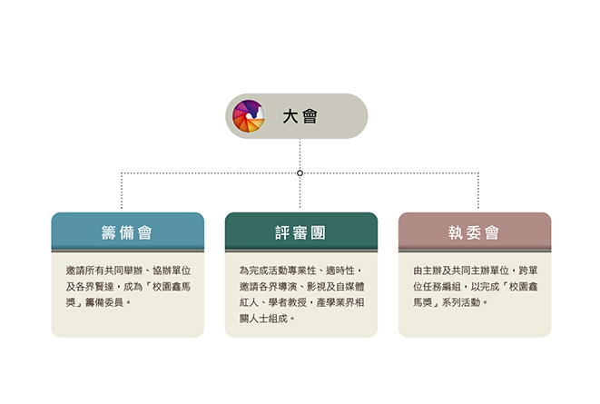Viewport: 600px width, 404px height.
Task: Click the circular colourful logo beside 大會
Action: pyautogui.click(x=249, y=116)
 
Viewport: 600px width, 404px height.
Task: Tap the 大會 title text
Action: pyautogui.click(x=300, y=116)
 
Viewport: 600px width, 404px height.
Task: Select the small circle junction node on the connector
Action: pyautogui.click(x=300, y=173)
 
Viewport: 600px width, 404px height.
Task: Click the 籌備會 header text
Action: pyautogui.click(x=127, y=232)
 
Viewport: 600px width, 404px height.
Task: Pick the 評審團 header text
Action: pyautogui.click(x=300, y=232)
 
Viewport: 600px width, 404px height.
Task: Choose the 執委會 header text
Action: pyautogui.click(x=474, y=232)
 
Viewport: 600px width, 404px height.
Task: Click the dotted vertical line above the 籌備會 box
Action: pyautogui.click(x=122, y=191)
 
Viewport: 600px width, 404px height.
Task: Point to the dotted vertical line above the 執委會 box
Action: pyautogui.click(x=478, y=191)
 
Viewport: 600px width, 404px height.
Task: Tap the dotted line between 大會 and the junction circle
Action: pyautogui.click(x=300, y=154)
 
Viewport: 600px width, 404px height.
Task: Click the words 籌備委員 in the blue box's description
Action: pyautogui.click(x=103, y=302)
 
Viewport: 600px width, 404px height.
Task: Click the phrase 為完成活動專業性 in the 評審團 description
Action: pyautogui.click(x=278, y=271)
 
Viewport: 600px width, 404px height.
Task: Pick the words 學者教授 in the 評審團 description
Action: pyautogui.click(x=288, y=302)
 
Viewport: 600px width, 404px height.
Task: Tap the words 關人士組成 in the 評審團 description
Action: pyautogui.click(x=263, y=319)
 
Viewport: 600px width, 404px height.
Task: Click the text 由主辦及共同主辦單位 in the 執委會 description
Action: pyautogui.click(x=461, y=271)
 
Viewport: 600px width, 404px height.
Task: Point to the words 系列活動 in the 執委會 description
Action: pyautogui.click(x=461, y=302)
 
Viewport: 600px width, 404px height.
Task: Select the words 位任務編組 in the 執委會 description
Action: pyautogui.click(x=437, y=287)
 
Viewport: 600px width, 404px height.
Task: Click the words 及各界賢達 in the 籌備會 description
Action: pyautogui.click(x=90, y=287)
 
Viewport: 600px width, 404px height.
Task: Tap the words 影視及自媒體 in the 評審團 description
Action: pyautogui.click(x=336, y=287)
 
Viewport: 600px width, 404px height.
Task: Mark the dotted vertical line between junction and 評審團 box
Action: pyautogui.click(x=300, y=192)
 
